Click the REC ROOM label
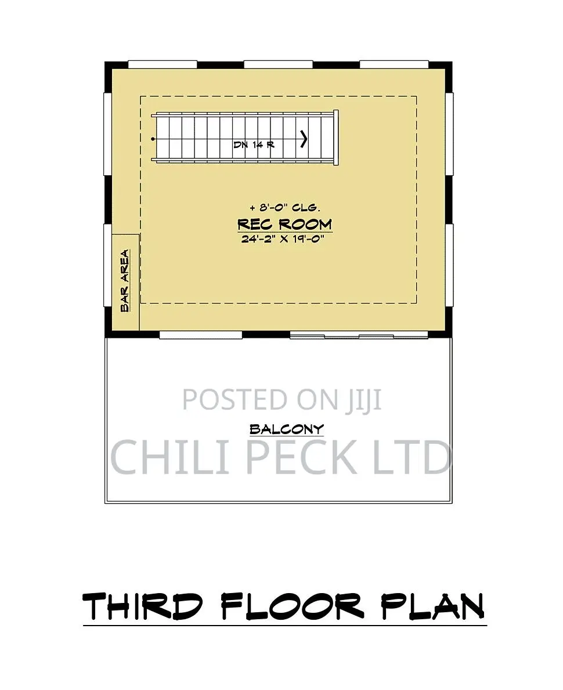[284, 224]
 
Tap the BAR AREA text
[125, 281]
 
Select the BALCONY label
[287, 429]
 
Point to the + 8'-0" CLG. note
[285, 207]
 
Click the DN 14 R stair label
[254, 144]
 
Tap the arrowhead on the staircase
[304, 139]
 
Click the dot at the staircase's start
[153, 139]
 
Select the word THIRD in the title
[142, 606]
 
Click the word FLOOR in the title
[293, 606]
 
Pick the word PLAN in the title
[433, 606]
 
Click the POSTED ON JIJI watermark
[281, 400]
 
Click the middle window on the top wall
[278, 64]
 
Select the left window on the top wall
[163, 64]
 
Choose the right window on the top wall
[395, 64]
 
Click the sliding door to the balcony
[359, 336]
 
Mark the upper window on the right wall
[449, 134]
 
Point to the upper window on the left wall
[108, 134]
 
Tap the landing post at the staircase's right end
[336, 138]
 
